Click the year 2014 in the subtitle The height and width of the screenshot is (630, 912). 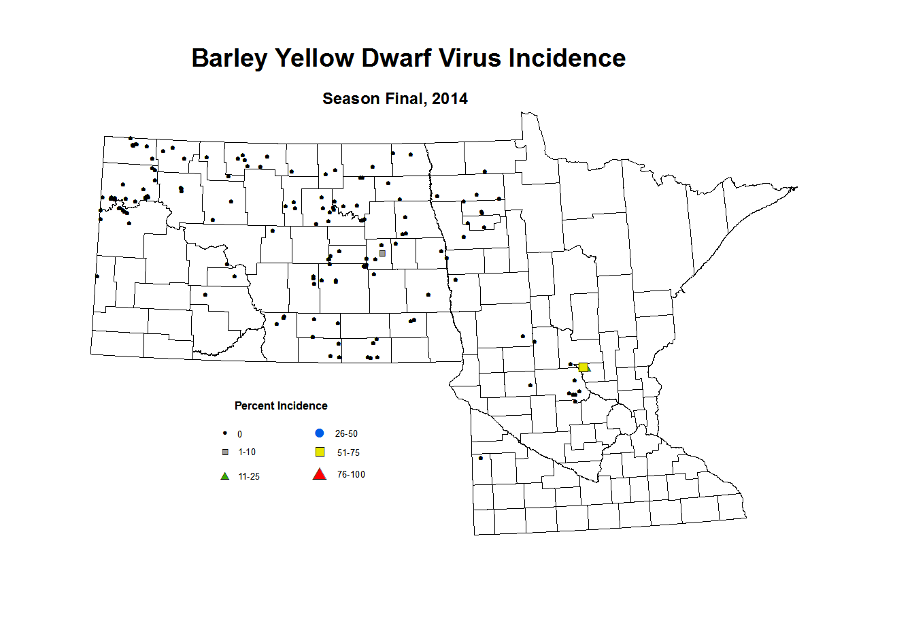450,99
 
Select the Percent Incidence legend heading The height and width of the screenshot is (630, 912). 281,406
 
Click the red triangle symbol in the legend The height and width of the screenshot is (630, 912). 319,474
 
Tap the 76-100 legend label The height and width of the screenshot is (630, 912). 351,475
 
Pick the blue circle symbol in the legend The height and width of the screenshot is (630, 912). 319,433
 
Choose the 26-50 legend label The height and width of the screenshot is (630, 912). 346,434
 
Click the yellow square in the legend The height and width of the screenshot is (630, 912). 320,452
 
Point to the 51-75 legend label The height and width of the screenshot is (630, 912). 348,453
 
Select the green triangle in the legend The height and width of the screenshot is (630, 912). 225,476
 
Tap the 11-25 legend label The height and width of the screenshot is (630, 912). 249,477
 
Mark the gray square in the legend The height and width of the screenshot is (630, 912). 225,452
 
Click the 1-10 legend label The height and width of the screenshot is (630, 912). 247,452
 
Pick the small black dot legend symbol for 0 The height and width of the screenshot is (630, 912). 225,433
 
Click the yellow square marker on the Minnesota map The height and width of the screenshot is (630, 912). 583,367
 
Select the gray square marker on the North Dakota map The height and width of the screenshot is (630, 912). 382,253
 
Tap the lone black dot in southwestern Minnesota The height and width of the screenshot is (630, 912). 481,458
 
